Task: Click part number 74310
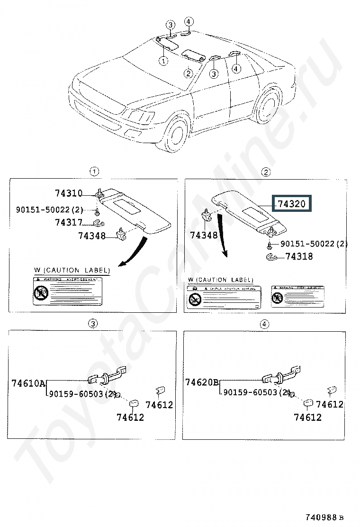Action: click(x=69, y=193)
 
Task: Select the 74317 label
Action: click(x=69, y=222)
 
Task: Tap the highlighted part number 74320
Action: click(x=294, y=204)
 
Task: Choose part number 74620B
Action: click(x=202, y=382)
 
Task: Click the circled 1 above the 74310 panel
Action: click(x=95, y=171)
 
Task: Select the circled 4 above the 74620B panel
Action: click(x=264, y=324)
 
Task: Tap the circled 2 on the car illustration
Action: click(x=188, y=73)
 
